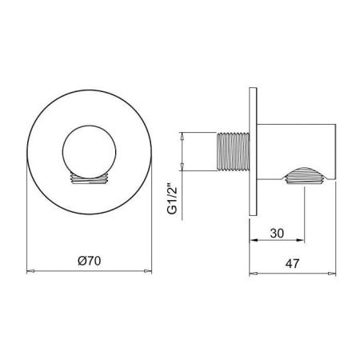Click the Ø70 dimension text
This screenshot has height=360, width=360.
[x=89, y=260]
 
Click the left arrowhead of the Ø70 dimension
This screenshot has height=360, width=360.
[x=31, y=272]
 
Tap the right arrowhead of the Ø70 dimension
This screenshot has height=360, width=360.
[x=146, y=272]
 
